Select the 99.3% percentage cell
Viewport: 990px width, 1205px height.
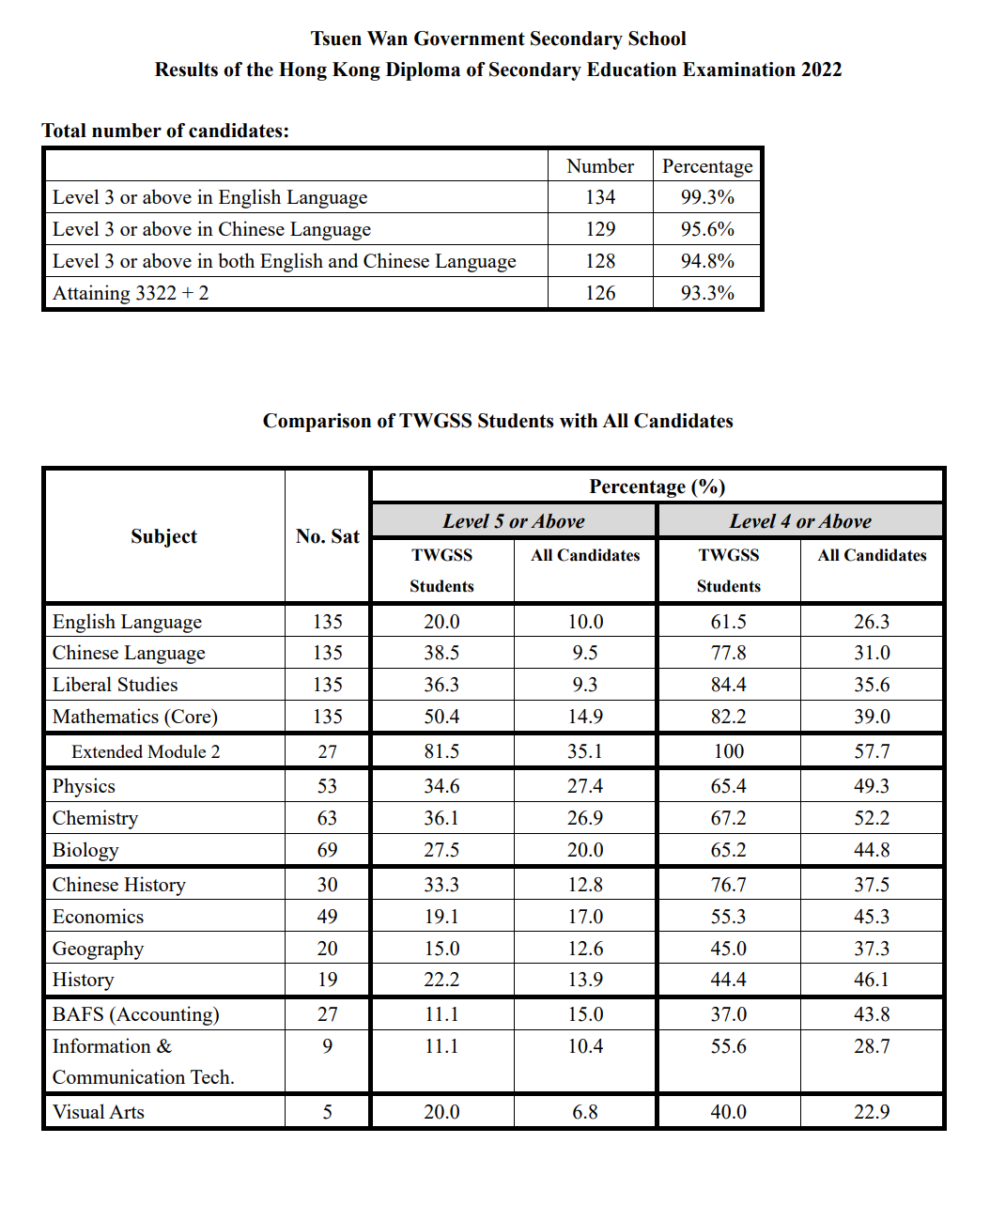(x=707, y=197)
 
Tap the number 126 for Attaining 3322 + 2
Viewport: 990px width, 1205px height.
(x=600, y=293)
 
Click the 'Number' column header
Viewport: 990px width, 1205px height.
(x=600, y=166)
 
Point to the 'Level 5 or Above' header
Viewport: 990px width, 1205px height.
(x=514, y=521)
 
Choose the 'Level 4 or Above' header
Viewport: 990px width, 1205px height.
(x=800, y=521)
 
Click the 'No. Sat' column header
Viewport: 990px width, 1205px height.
(x=328, y=536)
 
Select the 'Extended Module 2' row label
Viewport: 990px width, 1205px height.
(x=146, y=751)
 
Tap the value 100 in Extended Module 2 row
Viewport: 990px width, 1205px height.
(x=728, y=751)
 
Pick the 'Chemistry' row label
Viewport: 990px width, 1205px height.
(x=95, y=818)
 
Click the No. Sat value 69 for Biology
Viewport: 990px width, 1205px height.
(x=327, y=850)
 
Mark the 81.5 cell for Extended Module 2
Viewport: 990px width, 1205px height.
(x=441, y=751)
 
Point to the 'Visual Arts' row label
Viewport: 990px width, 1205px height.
(x=99, y=1112)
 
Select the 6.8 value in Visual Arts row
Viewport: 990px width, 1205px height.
(x=585, y=1112)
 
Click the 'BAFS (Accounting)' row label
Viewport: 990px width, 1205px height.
(x=136, y=1014)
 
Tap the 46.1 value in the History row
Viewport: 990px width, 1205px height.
(x=872, y=980)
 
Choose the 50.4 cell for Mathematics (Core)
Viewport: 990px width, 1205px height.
(x=441, y=717)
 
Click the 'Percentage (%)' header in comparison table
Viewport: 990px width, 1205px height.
(x=657, y=487)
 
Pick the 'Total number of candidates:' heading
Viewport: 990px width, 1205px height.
(x=165, y=131)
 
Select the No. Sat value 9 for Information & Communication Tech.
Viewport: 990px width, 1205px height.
(x=327, y=1046)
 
